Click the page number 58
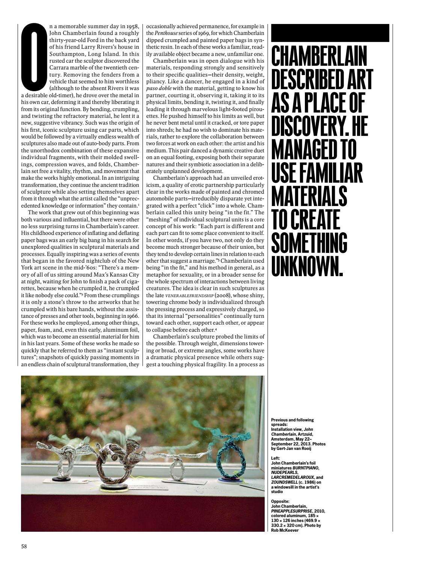[x=24, y=546]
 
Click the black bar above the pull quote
[x=330, y=33]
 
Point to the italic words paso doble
[x=159, y=88]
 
